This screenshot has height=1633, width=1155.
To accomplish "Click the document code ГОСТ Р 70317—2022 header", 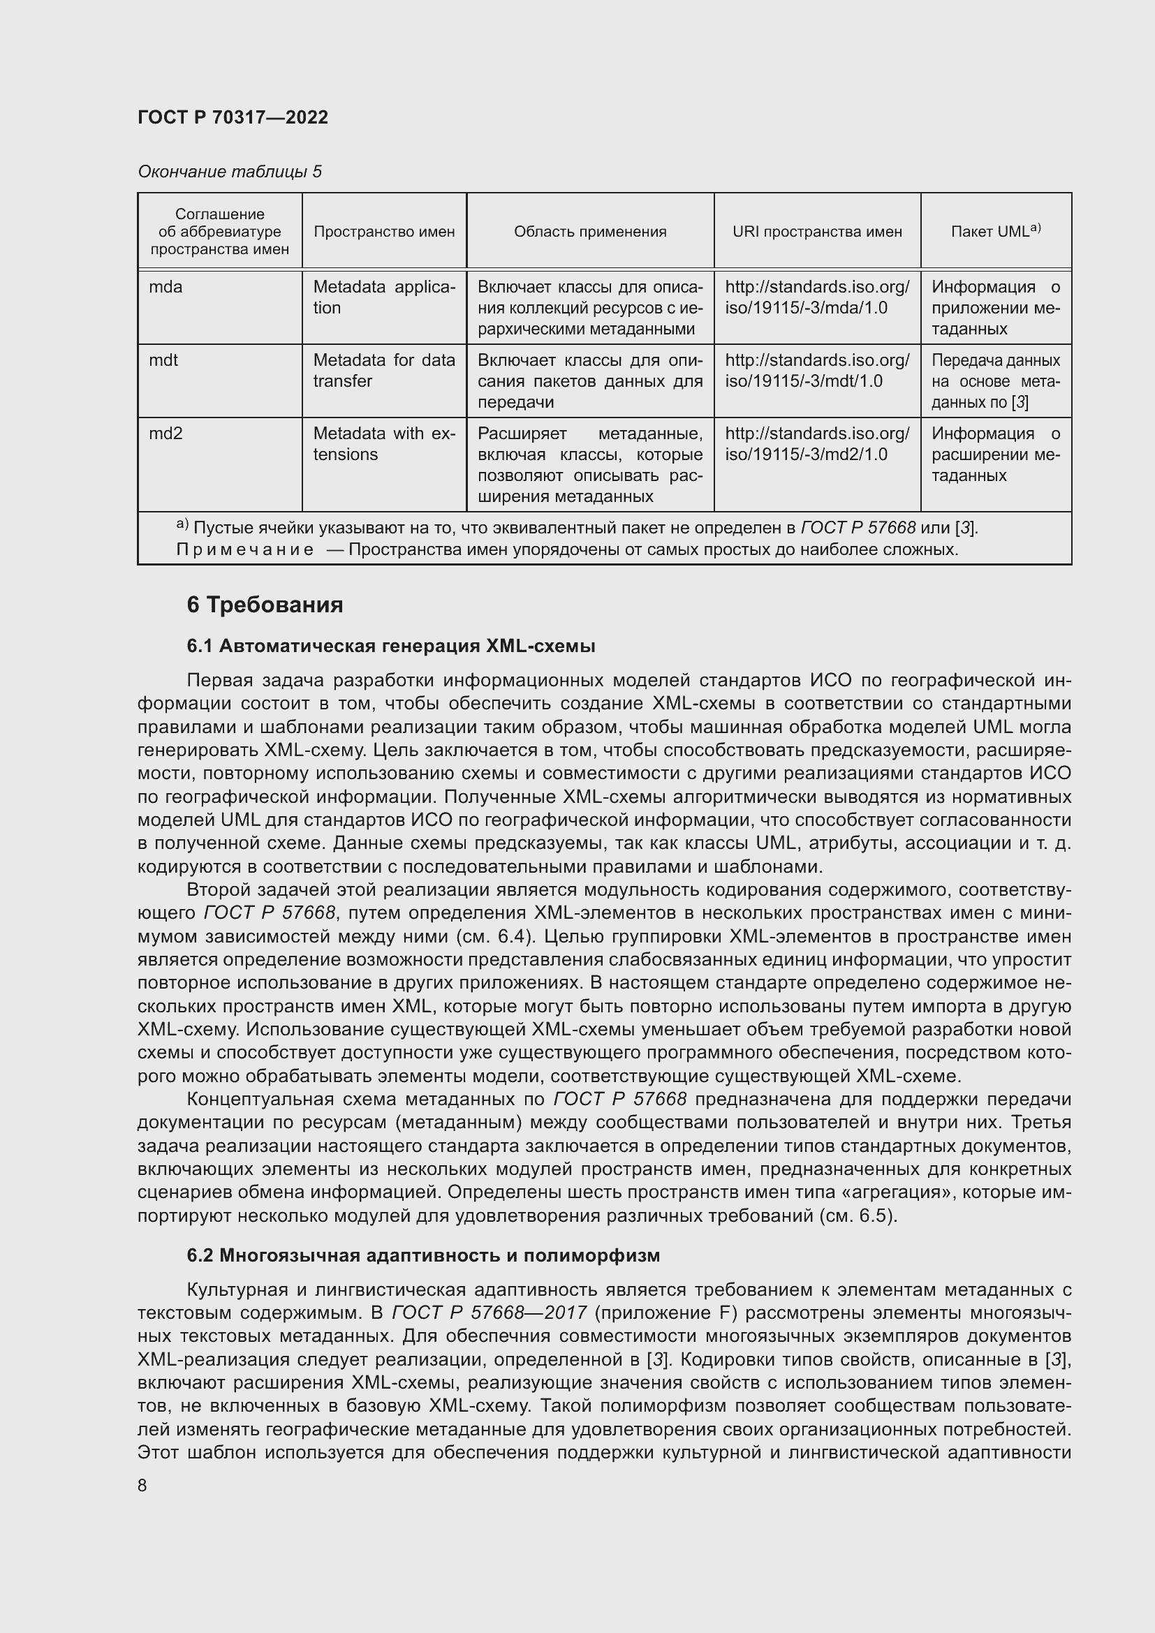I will tap(233, 117).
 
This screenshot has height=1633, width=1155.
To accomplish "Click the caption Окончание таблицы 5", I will tap(229, 172).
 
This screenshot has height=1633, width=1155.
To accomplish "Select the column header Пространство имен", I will tap(384, 232).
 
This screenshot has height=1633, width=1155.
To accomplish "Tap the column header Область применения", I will tap(589, 232).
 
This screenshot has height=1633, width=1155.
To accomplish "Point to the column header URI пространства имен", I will tap(816, 232).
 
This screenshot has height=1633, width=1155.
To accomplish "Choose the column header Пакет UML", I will tap(995, 231).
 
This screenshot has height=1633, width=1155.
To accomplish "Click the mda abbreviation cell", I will tap(165, 288).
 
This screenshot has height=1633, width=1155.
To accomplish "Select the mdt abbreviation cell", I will tap(163, 360).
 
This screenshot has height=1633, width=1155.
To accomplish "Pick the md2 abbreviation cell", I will tap(165, 434).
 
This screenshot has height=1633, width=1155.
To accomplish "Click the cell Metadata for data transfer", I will tap(383, 371).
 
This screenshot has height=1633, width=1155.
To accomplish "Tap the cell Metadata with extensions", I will tap(383, 444).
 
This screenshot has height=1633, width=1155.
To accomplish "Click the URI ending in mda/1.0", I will tap(816, 298).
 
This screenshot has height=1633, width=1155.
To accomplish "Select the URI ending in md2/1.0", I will tap(816, 444).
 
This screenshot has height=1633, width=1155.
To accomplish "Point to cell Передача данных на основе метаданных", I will tap(995, 381).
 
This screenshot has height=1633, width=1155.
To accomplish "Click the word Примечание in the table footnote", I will tap(244, 549).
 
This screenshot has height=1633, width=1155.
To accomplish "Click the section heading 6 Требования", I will tap(265, 605).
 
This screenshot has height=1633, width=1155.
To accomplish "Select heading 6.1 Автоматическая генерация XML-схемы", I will tap(390, 646).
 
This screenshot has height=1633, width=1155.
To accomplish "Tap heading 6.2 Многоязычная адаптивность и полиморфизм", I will tap(423, 1256).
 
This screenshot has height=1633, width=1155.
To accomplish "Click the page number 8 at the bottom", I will tap(142, 1486).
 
